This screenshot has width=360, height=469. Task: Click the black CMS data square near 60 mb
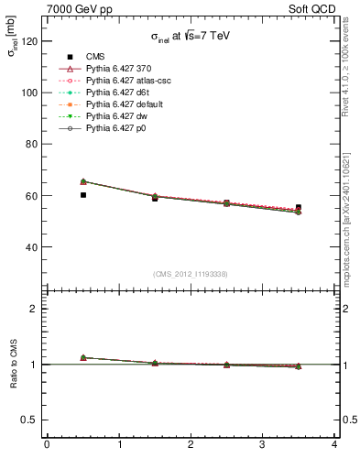83,195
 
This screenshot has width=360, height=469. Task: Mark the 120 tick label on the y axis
28,41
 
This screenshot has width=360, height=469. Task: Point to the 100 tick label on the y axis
28,93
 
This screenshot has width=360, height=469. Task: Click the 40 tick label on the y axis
31,247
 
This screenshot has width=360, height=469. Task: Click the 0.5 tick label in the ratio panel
28,420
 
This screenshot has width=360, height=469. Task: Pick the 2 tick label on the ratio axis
34,309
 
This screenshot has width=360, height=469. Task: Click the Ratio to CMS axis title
13,364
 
